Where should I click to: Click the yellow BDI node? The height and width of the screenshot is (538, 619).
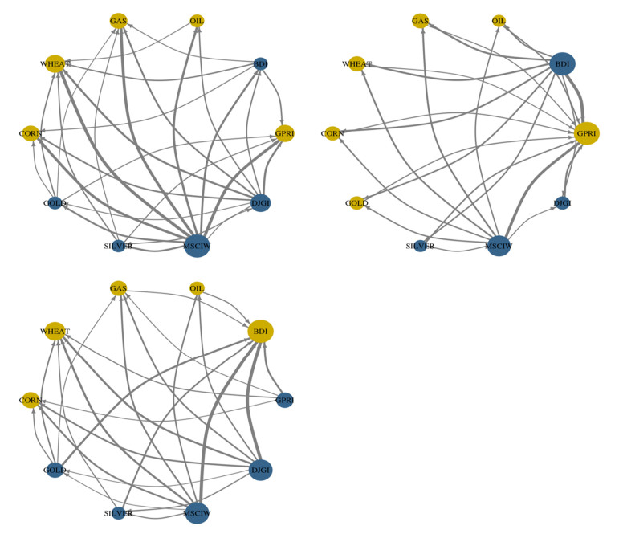pyautogui.click(x=260, y=331)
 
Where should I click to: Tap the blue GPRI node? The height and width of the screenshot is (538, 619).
pyautogui.click(x=284, y=399)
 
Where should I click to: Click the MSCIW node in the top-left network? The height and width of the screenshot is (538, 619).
pyautogui.click(x=197, y=245)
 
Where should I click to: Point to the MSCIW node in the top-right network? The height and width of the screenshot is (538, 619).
pyautogui.click(x=499, y=245)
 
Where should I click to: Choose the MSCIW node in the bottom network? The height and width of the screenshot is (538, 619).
pyautogui.click(x=198, y=512)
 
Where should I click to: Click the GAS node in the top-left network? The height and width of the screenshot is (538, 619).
pyautogui.click(x=119, y=21)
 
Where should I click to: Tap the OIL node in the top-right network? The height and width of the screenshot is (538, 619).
pyautogui.click(x=499, y=21)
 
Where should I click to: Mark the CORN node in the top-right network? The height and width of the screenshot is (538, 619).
pyautogui.click(x=332, y=132)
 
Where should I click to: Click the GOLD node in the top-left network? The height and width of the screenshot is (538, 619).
pyautogui.click(x=55, y=203)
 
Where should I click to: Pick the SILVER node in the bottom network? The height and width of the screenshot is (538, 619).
pyautogui.click(x=118, y=512)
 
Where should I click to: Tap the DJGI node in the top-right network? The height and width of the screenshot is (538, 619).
pyautogui.click(x=563, y=203)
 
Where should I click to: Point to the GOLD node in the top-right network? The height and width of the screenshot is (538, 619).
pyautogui.click(x=357, y=203)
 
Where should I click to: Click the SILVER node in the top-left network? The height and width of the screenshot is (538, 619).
pyautogui.click(x=118, y=245)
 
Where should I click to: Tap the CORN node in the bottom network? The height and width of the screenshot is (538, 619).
pyautogui.click(x=31, y=399)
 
